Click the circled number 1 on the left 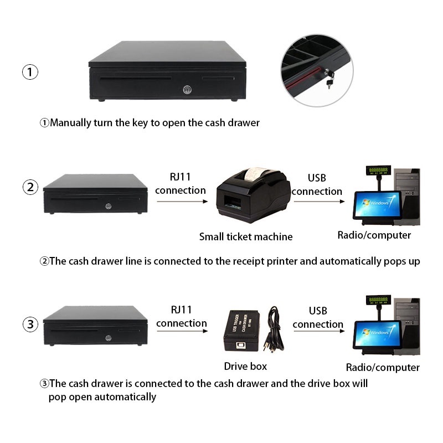(x=30, y=72)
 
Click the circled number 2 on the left (x=30, y=187)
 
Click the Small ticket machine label (x=246, y=237)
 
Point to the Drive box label (x=245, y=366)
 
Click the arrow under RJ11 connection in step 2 (x=181, y=202)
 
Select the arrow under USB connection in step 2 (x=318, y=202)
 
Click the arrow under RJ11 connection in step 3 (x=181, y=332)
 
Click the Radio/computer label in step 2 (x=374, y=235)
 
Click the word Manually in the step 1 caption (x=71, y=122)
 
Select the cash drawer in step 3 (x=95, y=326)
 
